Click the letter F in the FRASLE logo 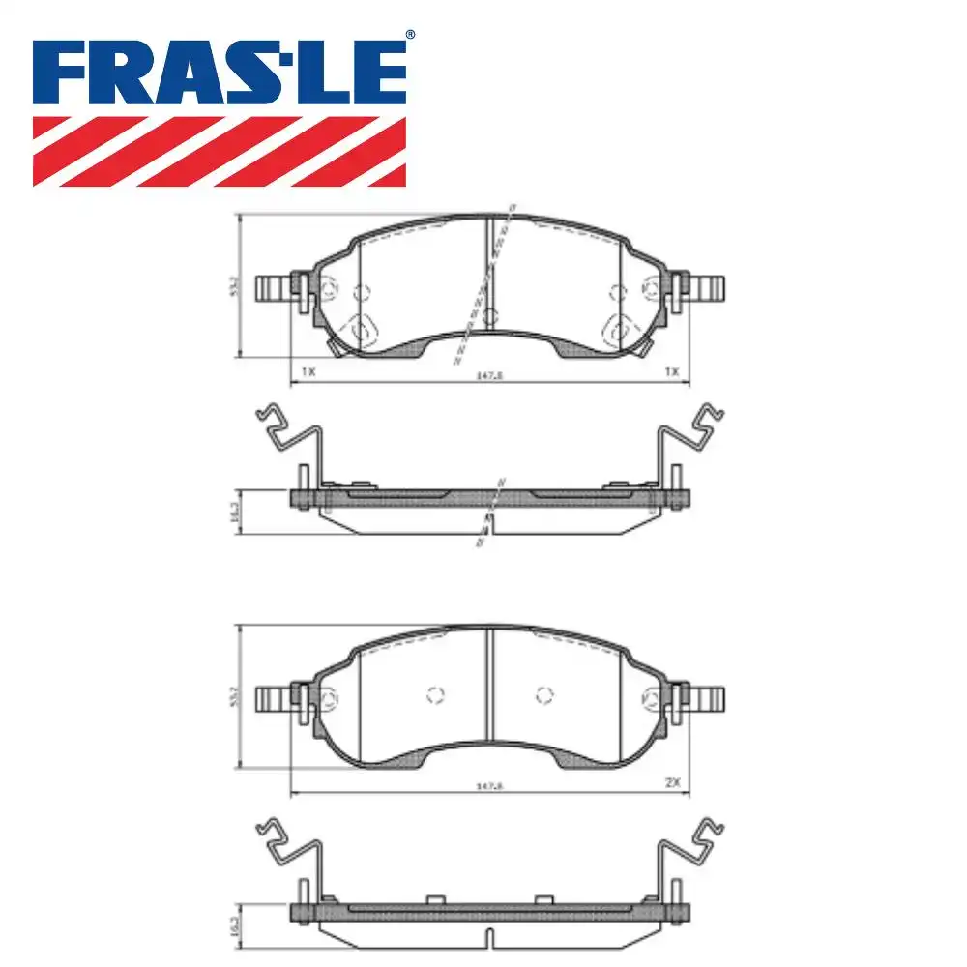point(63,74)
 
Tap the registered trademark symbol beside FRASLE point(409,35)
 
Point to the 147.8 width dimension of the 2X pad point(489,786)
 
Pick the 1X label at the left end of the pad point(308,371)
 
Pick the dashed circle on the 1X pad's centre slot point(489,315)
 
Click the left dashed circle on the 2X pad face point(434,693)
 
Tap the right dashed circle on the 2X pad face point(544,693)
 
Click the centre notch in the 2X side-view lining point(489,937)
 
